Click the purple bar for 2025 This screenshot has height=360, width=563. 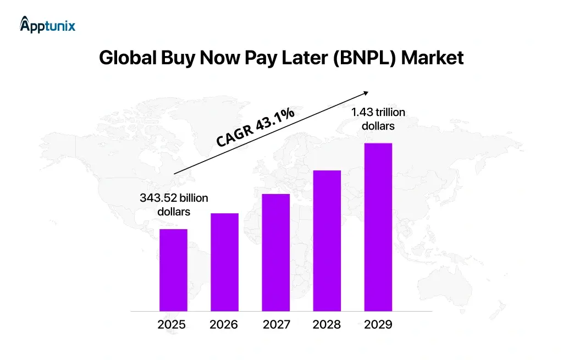pos(173,270)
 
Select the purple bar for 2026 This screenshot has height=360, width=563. pos(224,262)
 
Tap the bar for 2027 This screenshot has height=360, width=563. pos(275,252)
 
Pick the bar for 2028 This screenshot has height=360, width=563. pos(327,241)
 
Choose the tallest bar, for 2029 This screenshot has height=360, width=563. pos(378,227)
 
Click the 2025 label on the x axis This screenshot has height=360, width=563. pos(172,325)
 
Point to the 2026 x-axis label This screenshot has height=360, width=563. pos(224,325)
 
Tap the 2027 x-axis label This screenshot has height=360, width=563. pos(276,325)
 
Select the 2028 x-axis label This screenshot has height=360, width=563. pos(327,325)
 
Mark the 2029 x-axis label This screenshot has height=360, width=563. pos(378,325)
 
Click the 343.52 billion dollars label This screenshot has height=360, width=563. pos(174,204)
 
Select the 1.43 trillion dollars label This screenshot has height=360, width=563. pos(378,119)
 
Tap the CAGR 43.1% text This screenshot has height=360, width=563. pos(255,128)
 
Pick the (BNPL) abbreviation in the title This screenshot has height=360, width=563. pos(364,58)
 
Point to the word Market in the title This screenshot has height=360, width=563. pos(432,58)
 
